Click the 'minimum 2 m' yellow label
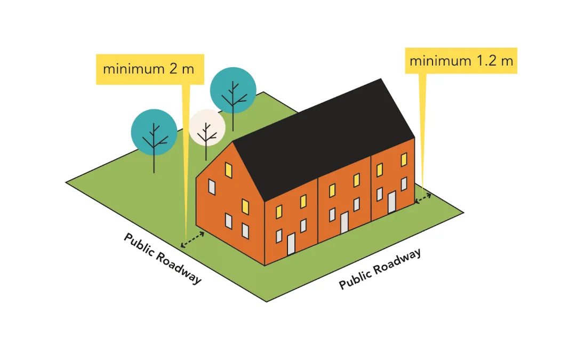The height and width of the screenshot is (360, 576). click(149, 69)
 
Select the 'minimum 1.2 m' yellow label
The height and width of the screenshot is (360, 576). click(461, 61)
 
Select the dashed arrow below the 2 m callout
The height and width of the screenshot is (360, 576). click(193, 239)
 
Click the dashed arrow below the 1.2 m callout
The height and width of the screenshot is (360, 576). click(423, 198)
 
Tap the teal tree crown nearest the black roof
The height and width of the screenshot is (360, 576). click(233, 90)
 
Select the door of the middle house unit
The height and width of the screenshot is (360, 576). click(345, 222)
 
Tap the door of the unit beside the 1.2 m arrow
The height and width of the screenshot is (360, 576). click(391, 202)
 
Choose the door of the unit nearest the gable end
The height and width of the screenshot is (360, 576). click(291, 244)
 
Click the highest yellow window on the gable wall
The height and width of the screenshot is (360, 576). click(229, 169)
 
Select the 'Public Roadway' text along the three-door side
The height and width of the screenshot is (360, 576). click(380, 268)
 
